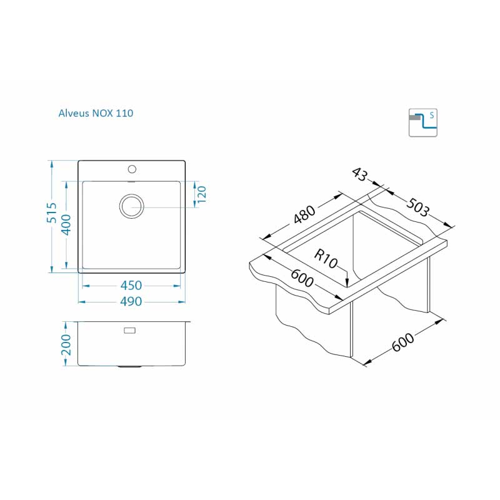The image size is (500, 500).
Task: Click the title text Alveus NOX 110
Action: [x=96, y=113]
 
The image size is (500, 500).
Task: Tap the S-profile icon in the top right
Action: [x=423, y=122]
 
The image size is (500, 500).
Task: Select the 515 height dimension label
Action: [x=51, y=212]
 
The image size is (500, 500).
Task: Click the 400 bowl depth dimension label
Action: [x=66, y=225]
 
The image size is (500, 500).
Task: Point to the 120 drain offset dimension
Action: [x=201, y=194]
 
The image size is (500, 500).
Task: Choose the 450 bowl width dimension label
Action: [x=131, y=286]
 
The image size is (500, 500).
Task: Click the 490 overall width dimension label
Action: [x=131, y=301]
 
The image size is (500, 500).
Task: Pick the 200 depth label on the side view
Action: [x=66, y=345]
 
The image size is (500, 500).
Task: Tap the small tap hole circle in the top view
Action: [x=132, y=169]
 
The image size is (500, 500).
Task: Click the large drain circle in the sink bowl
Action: [x=131, y=206]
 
